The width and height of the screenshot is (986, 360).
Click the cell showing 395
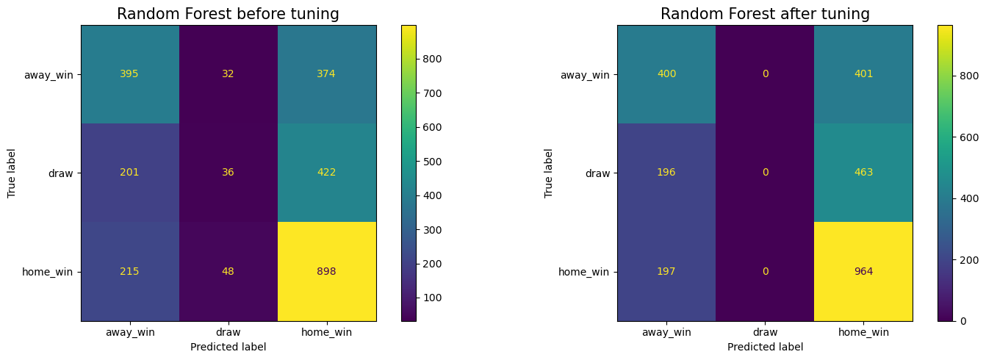129,74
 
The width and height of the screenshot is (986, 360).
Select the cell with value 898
326,271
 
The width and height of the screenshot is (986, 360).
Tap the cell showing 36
228,173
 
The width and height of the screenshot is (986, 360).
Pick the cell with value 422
326,173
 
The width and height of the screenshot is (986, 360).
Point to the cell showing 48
228,271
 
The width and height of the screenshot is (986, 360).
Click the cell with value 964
863,271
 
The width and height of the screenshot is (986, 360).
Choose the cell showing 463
863,173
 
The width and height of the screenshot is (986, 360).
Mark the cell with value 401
863,74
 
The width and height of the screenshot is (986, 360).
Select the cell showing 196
666,173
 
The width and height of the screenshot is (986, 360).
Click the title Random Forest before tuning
228,14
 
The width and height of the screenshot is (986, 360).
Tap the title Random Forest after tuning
765,14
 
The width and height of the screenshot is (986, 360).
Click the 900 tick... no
428,25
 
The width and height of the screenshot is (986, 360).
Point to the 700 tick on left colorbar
428,93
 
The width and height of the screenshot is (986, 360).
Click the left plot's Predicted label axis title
228,347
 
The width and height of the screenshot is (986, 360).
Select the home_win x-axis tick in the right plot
863,333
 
